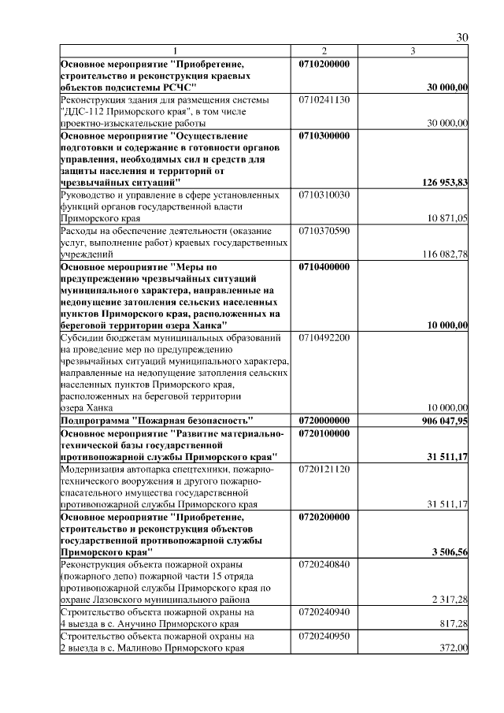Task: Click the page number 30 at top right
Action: pos(462,38)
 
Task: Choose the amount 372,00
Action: pos(454,648)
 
